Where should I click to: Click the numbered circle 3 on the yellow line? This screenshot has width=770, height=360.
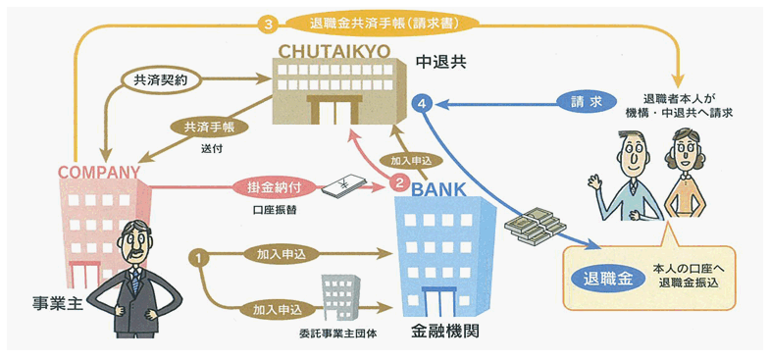[x=268, y=26]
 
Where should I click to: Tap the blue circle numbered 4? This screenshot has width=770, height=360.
[x=423, y=105]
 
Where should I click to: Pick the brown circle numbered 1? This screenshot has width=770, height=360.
[x=198, y=256]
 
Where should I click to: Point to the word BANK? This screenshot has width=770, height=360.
[x=438, y=189]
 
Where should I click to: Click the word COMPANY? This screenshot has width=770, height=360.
[x=99, y=172]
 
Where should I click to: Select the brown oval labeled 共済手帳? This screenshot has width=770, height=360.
[x=209, y=128]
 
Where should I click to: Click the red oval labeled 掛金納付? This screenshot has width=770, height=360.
[x=274, y=187]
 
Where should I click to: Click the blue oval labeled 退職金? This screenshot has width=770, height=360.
[x=608, y=280]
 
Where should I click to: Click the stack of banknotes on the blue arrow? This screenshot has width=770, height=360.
[x=536, y=225]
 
